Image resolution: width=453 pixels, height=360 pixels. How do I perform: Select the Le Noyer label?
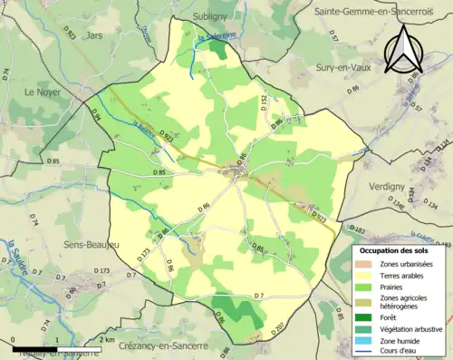[x=41, y=92]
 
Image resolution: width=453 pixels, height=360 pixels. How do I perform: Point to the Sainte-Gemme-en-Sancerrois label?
[x=370, y=12]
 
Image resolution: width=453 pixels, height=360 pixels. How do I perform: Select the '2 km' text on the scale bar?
[x=109, y=340]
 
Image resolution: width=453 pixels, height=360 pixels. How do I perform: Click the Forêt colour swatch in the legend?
[x=367, y=316]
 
